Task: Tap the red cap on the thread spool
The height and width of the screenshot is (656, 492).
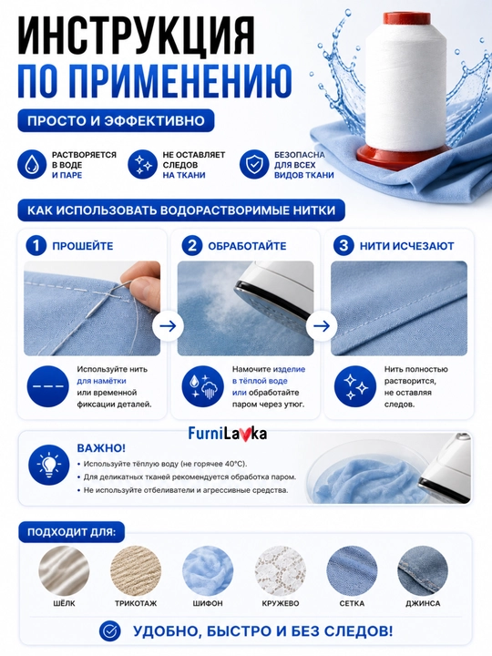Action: [406, 19]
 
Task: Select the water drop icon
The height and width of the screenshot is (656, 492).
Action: [31, 164]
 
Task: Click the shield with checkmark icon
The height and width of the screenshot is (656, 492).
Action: [254, 164]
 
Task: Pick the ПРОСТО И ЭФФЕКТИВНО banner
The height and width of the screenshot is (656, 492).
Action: [116, 121]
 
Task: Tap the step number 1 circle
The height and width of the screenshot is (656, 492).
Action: [36, 246]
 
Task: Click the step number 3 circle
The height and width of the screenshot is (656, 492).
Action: [343, 246]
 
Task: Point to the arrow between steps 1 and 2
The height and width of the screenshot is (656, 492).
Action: [169, 326]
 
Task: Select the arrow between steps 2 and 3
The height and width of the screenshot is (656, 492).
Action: [322, 326]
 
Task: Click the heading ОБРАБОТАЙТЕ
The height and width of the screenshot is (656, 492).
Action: [247, 246]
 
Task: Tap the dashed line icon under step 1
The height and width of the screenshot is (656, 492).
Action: [47, 386]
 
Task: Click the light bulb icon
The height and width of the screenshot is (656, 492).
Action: [49, 465]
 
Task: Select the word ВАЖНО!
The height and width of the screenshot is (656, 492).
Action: [101, 448]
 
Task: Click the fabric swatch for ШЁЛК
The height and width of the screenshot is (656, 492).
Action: [64, 570]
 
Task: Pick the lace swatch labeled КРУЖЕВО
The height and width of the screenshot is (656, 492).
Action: [281, 570]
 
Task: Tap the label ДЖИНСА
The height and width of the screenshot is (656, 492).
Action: [423, 603]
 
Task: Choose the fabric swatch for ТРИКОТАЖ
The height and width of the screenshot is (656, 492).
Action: [136, 570]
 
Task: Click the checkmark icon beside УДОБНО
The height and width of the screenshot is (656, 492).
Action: [110, 631]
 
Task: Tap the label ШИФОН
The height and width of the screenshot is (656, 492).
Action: [208, 603]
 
